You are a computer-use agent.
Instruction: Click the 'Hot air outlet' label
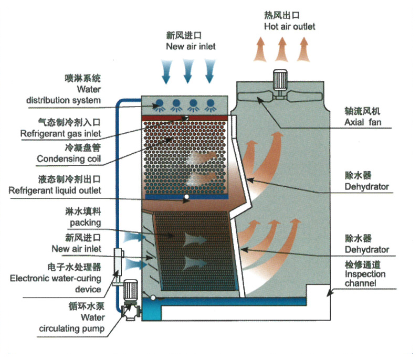[x=290, y=26]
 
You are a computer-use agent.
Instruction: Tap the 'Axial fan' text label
[x=363, y=122]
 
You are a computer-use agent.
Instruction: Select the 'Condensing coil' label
[x=69, y=158]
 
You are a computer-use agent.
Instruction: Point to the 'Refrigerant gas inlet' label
[x=60, y=134]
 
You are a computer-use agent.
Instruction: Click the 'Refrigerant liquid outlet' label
[x=55, y=190]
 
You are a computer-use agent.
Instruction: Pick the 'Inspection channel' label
[x=365, y=279]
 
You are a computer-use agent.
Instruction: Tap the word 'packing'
[x=86, y=223]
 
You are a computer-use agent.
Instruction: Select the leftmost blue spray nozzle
[x=160, y=105]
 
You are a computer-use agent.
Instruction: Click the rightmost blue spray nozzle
[x=211, y=105]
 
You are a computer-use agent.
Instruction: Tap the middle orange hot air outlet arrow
[x=281, y=49]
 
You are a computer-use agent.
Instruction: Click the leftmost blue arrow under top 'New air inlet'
[x=166, y=71]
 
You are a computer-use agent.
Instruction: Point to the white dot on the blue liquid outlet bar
[x=186, y=197]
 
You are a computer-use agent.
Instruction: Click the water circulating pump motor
[x=130, y=290]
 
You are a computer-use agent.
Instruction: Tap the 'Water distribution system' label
[x=64, y=95]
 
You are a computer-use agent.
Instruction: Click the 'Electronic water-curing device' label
[x=56, y=284]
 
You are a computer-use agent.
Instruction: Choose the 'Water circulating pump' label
[x=72, y=323]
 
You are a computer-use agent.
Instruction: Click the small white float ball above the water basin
[x=153, y=297]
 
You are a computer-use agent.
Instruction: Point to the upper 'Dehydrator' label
[x=366, y=186]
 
